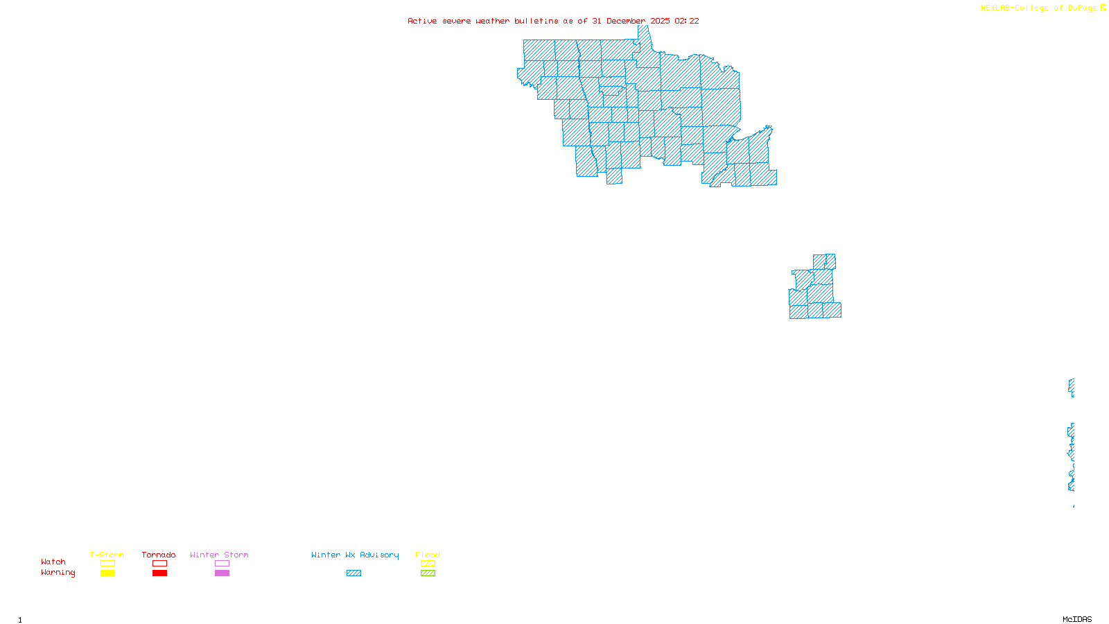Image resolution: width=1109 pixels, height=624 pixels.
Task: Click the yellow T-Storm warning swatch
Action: (x=107, y=573)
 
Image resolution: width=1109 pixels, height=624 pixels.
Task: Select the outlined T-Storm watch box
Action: (x=107, y=564)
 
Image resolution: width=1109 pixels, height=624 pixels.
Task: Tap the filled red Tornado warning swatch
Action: (x=159, y=573)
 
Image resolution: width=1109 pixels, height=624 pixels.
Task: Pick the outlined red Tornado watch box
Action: (x=159, y=564)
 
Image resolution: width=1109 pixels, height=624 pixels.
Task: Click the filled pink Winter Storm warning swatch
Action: (x=222, y=573)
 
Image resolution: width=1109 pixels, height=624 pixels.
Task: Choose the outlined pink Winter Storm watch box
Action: (x=222, y=564)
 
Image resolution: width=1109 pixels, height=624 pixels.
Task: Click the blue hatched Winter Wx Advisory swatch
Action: (x=353, y=573)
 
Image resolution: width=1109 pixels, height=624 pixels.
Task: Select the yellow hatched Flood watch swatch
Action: (x=428, y=564)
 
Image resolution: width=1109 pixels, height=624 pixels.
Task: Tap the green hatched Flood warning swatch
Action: (x=428, y=573)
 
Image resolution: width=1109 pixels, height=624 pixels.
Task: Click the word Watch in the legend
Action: (x=53, y=562)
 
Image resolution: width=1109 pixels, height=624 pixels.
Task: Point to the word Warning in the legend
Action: (x=58, y=573)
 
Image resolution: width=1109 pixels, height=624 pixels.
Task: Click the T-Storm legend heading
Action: (x=107, y=555)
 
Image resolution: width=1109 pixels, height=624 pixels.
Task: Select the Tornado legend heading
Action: (x=159, y=555)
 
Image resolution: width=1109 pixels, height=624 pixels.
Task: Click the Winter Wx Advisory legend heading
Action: (x=355, y=555)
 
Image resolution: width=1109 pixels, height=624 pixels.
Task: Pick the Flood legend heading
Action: (x=428, y=555)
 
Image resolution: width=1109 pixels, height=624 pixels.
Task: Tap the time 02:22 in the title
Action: (x=687, y=21)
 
